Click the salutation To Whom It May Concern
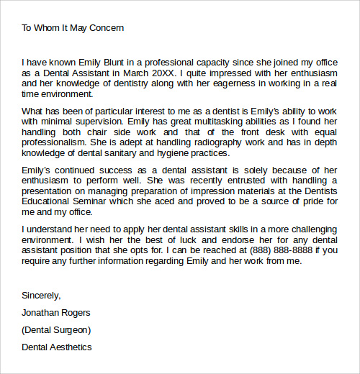73,28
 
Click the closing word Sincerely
42,296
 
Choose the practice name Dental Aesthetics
57,347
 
